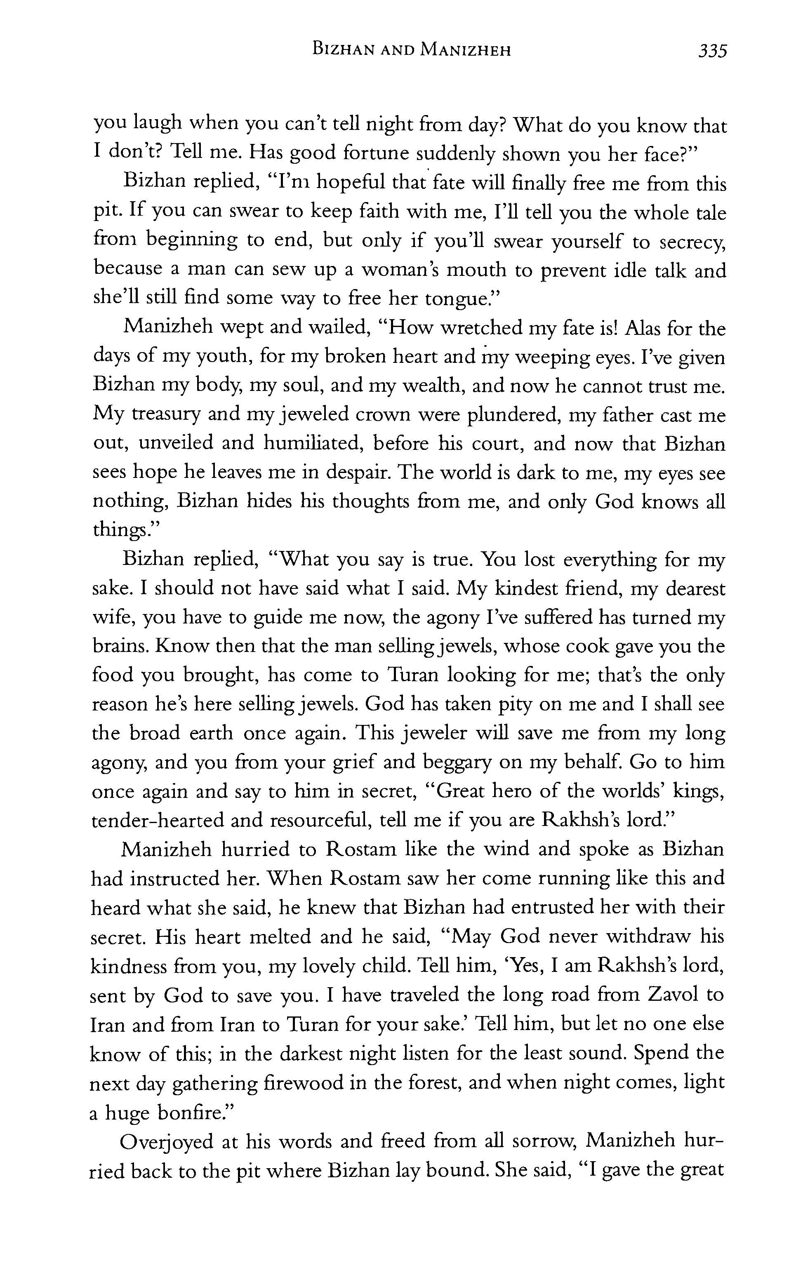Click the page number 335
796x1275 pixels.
[712, 51]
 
